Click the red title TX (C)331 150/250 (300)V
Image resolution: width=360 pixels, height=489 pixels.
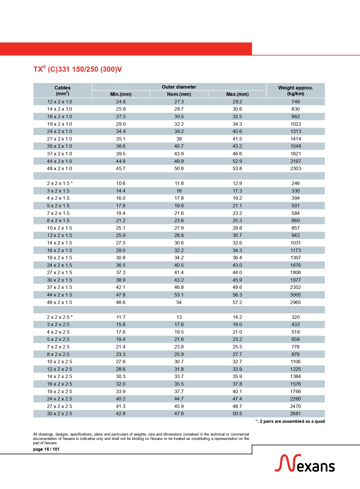coord(77,69)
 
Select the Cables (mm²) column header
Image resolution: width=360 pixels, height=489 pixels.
coord(62,91)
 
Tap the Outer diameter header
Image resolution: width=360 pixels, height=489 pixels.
coord(179,87)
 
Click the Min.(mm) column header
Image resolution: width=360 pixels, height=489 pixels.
coord(121,94)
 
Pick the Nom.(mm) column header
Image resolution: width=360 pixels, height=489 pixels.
coord(179,94)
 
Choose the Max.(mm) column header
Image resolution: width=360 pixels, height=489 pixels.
coord(237,94)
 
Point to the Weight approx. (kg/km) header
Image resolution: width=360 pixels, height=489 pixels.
coord(295,91)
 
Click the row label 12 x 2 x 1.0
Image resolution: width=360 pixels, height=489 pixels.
coord(59,102)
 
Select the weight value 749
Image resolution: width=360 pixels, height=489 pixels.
coord(296,102)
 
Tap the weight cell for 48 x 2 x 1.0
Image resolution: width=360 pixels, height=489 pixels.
coord(296,168)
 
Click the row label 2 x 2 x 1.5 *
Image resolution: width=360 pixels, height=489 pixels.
coord(60,183)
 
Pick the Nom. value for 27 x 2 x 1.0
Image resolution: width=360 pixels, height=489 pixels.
coord(179,139)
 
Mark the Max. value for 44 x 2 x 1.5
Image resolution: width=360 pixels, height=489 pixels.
coord(237,295)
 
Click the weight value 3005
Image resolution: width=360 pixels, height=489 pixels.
coord(296,295)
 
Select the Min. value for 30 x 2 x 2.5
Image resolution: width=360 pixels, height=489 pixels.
coord(121,414)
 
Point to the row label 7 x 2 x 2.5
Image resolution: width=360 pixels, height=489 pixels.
coord(58,347)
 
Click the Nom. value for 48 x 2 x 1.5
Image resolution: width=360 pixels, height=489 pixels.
coord(179,302)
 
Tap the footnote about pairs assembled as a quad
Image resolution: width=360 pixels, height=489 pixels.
coord(290,421)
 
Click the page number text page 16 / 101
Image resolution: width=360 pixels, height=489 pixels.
coord(46,449)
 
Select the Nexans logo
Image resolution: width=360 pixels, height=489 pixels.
coord(305,463)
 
